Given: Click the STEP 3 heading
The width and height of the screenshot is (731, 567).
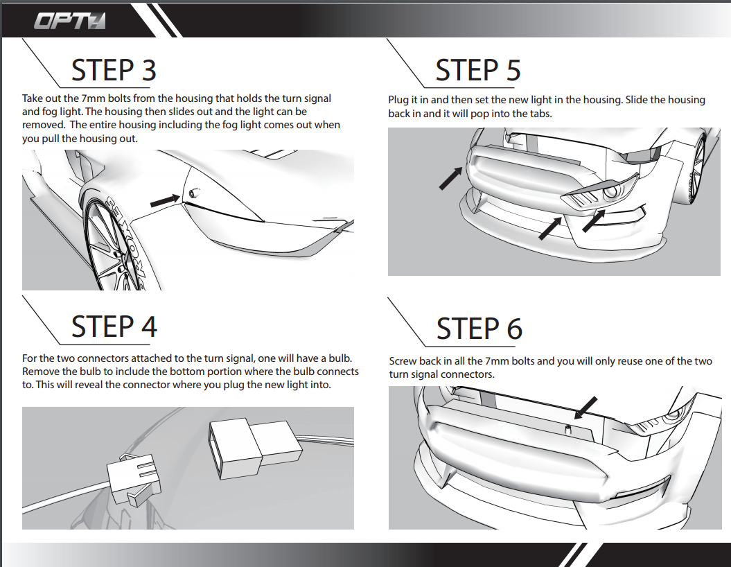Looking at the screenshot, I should click(x=114, y=70).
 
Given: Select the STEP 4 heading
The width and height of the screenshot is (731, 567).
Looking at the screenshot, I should click(x=114, y=326).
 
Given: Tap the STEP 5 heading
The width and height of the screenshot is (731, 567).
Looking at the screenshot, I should click(x=478, y=70).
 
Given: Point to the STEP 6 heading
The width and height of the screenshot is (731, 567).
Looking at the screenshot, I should click(x=479, y=329).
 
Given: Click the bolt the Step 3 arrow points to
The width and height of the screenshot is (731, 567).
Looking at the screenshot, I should click(x=192, y=193).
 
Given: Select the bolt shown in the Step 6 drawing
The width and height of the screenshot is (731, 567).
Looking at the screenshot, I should click(x=567, y=430).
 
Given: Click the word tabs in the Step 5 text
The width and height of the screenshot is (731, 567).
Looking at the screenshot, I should click(x=538, y=113).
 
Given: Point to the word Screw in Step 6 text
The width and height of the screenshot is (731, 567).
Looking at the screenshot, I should click(x=404, y=361).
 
